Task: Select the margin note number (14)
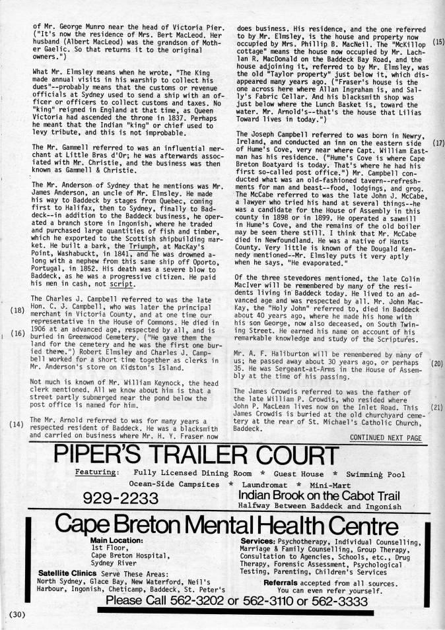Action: click(x=15, y=425)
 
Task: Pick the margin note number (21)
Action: click(x=436, y=407)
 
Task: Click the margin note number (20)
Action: click(x=436, y=363)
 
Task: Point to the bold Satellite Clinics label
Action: click(x=71, y=573)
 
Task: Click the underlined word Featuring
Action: click(x=96, y=472)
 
